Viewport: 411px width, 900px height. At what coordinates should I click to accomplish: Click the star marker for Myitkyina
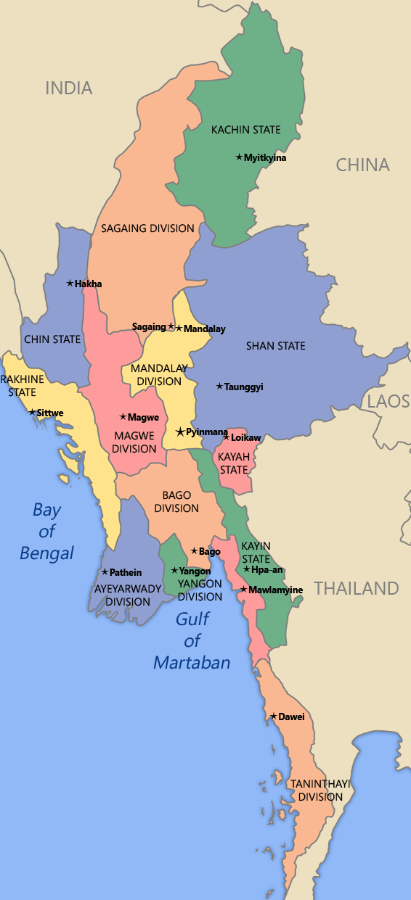point(239,157)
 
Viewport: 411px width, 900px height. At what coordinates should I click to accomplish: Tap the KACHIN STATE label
point(245,130)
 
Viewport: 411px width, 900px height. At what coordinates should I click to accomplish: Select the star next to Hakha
point(70,283)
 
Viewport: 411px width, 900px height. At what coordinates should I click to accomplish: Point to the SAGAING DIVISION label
point(147,228)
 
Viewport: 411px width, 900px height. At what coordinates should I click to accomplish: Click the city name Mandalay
point(205,329)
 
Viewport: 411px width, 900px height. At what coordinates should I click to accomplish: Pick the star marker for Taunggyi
point(219,386)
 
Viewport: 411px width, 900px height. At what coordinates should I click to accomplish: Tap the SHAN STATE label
point(275,346)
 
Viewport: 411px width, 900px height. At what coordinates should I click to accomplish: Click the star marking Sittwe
point(32,412)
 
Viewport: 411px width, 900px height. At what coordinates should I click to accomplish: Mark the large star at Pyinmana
point(180,432)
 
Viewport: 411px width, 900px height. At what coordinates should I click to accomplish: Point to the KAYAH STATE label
point(234,463)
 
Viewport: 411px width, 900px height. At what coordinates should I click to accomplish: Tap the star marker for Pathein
point(105,572)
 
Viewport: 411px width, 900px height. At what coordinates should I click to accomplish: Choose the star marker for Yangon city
point(174,570)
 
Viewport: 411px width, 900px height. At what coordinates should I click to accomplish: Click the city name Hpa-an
point(267,570)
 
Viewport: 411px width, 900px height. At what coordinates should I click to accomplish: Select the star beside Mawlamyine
point(243,589)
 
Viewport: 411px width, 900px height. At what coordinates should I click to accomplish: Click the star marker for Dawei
point(273,717)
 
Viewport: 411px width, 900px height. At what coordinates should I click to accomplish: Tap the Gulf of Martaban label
point(192,640)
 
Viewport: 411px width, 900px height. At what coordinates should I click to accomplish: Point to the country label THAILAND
point(357,588)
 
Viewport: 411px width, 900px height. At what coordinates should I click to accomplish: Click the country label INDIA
point(69,88)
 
